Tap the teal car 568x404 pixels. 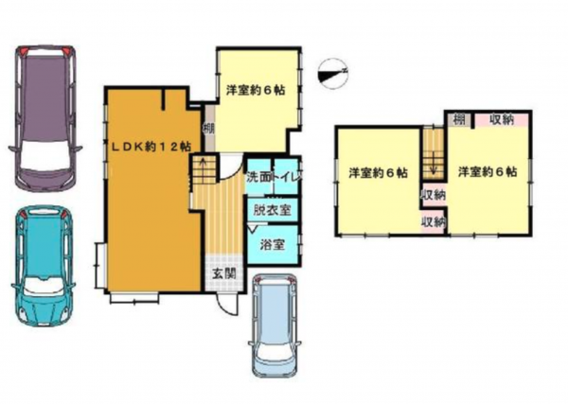click(43, 266)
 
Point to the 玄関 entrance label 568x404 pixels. click(223, 274)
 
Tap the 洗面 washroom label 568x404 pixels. click(258, 177)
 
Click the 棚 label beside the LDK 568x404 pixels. click(207, 127)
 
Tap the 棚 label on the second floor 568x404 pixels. click(459, 118)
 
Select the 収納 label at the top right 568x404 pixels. click(502, 118)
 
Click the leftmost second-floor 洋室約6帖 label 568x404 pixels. click(378, 173)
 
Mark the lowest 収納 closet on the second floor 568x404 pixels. click(434, 221)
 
